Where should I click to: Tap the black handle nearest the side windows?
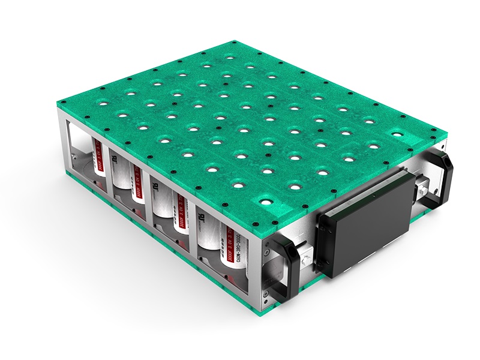point(283,265)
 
